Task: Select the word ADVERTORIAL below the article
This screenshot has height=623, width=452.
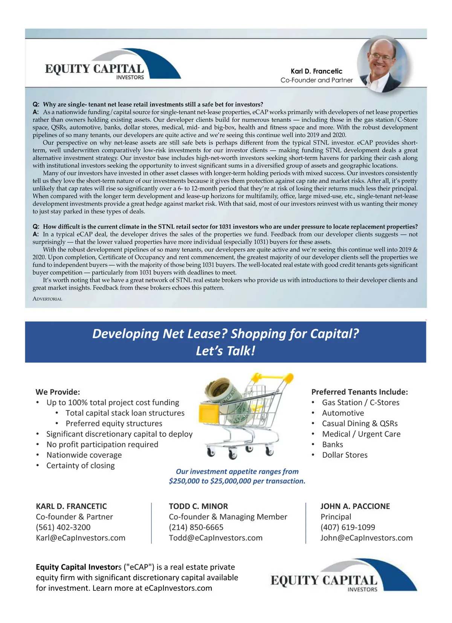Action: pyautogui.click(x=47, y=299)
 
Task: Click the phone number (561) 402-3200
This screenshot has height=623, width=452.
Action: pyautogui.click(x=63, y=527)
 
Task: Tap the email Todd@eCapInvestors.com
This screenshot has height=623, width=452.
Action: pyautogui.click(x=215, y=538)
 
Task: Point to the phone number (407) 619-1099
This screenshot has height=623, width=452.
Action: pyautogui.click(x=348, y=527)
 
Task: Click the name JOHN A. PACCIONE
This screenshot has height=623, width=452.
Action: pyautogui.click(x=355, y=506)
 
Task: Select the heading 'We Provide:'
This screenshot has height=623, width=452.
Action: pyautogui.click(x=58, y=392)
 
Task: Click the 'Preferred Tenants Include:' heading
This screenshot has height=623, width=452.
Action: pyautogui.click(x=359, y=392)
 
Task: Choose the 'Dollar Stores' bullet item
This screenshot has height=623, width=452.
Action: pyautogui.click(x=345, y=455)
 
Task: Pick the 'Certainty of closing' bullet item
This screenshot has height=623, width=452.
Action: pyautogui.click(x=81, y=465)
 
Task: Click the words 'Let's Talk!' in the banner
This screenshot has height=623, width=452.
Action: pyautogui.click(x=225, y=351)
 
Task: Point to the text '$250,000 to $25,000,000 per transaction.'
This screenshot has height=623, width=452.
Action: pyautogui.click(x=237, y=481)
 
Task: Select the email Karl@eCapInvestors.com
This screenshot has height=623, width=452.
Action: pyautogui.click(x=81, y=538)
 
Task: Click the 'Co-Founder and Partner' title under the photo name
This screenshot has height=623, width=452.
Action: pyautogui.click(x=316, y=80)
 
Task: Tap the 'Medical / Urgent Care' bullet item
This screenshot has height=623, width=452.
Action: pyautogui.click(x=361, y=434)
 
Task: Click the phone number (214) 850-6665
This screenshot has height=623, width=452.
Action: pyautogui.click(x=196, y=527)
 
